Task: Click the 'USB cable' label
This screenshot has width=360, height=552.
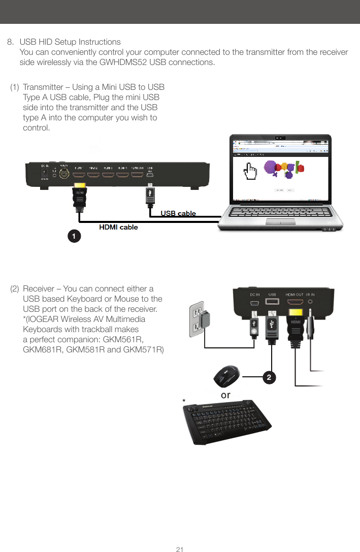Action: click(178, 213)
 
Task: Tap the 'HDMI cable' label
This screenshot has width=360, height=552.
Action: click(118, 227)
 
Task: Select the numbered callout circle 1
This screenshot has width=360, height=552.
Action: click(75, 236)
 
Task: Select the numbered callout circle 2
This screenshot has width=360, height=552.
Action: click(270, 377)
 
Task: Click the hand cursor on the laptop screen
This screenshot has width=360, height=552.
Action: click(251, 172)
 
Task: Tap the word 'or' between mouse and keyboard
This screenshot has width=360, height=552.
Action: click(225, 395)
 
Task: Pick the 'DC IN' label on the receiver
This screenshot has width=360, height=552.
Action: click(255, 295)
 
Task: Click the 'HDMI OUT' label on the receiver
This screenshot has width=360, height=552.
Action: click(294, 295)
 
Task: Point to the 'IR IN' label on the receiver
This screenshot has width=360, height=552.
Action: click(310, 295)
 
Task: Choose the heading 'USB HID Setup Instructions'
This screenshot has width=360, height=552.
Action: click(70, 42)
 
